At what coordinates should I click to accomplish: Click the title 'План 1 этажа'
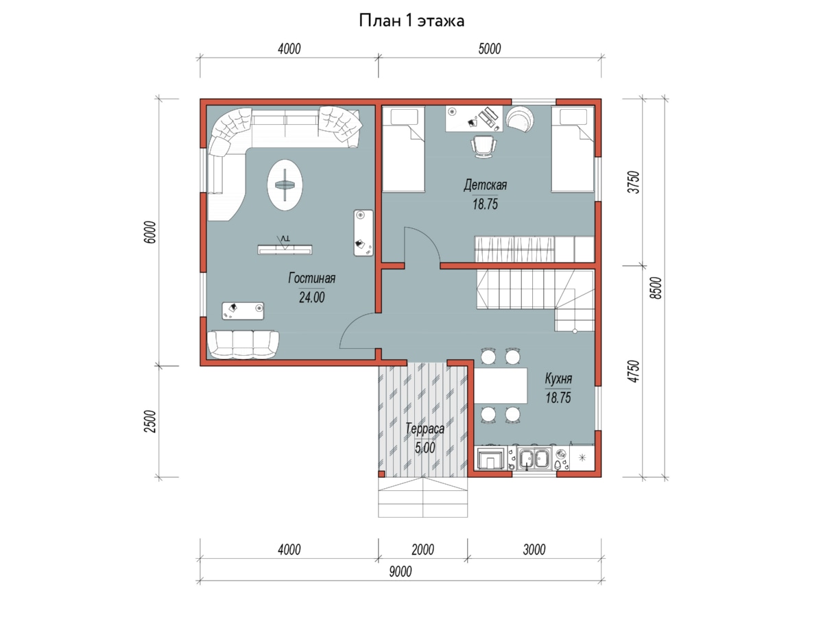(x=411, y=21)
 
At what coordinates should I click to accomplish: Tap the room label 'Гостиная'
(x=311, y=278)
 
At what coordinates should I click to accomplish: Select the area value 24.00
(x=311, y=298)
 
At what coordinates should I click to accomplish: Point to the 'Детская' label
(x=485, y=184)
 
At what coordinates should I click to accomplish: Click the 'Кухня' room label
(x=558, y=378)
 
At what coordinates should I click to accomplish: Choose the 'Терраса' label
(x=425, y=428)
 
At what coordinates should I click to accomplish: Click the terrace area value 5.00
(x=425, y=448)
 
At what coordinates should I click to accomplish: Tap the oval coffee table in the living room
(x=285, y=184)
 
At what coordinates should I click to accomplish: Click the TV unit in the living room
(x=285, y=249)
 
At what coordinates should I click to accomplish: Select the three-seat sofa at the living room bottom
(x=243, y=344)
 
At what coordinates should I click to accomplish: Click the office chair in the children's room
(x=484, y=147)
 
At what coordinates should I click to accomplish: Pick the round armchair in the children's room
(x=520, y=119)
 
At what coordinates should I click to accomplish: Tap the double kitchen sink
(x=534, y=458)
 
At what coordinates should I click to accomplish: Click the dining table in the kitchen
(x=501, y=385)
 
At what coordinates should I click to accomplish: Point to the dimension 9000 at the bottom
(x=401, y=572)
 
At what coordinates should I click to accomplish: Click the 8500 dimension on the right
(x=656, y=288)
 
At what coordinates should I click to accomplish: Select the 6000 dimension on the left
(x=150, y=232)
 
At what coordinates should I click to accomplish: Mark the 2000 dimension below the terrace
(x=422, y=550)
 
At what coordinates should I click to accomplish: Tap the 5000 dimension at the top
(x=489, y=49)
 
